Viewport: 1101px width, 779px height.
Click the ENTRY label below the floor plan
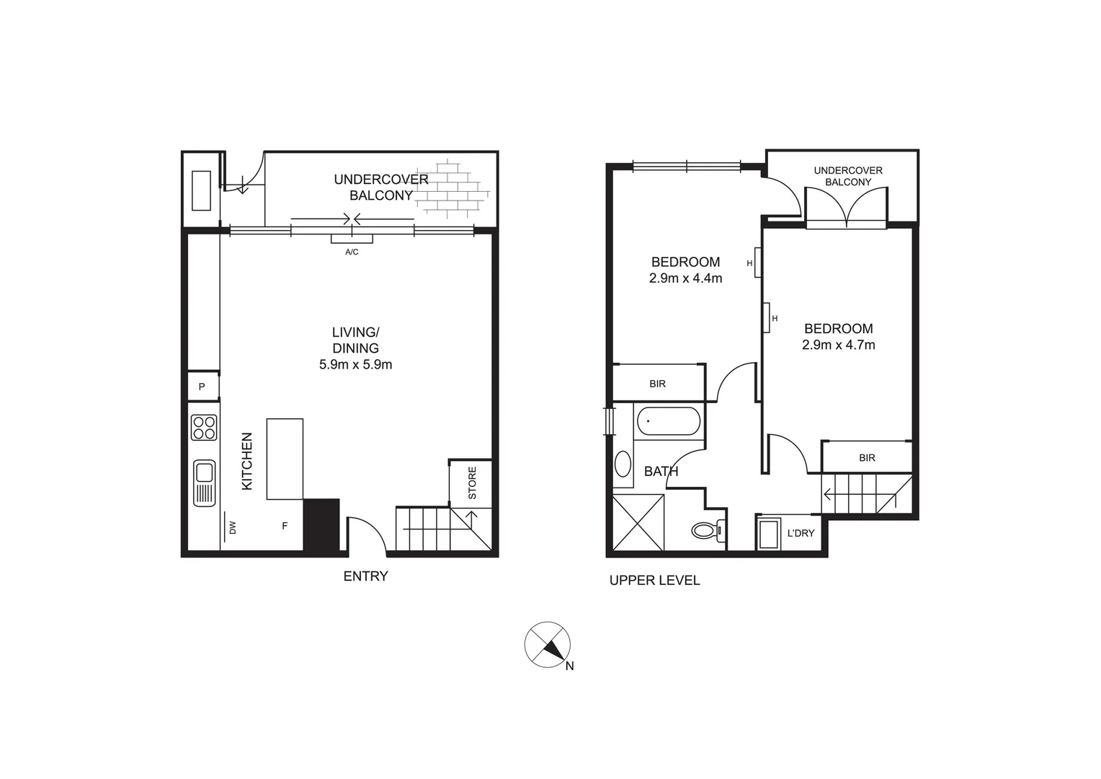[365, 576]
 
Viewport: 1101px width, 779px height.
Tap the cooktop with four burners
[204, 427]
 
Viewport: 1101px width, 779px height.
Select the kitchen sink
[204, 482]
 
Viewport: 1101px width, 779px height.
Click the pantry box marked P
[202, 387]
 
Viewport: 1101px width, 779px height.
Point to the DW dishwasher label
[232, 528]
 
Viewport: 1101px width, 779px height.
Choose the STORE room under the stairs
[472, 483]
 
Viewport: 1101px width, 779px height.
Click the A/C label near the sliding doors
[352, 252]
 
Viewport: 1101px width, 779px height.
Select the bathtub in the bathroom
[669, 422]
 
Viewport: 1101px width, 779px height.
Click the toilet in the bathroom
[706, 531]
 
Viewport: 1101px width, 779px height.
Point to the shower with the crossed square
[638, 523]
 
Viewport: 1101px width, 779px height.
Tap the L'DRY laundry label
[801, 534]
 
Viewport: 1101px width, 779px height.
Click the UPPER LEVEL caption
[654, 581]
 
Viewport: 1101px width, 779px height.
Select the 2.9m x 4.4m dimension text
[685, 278]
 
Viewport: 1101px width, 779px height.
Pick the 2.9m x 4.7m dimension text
[838, 346]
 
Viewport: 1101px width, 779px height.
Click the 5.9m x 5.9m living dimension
[355, 365]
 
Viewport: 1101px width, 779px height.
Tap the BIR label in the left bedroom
[657, 384]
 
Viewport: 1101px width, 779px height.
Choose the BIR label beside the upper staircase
[867, 458]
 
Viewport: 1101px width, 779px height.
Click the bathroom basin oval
[623, 464]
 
